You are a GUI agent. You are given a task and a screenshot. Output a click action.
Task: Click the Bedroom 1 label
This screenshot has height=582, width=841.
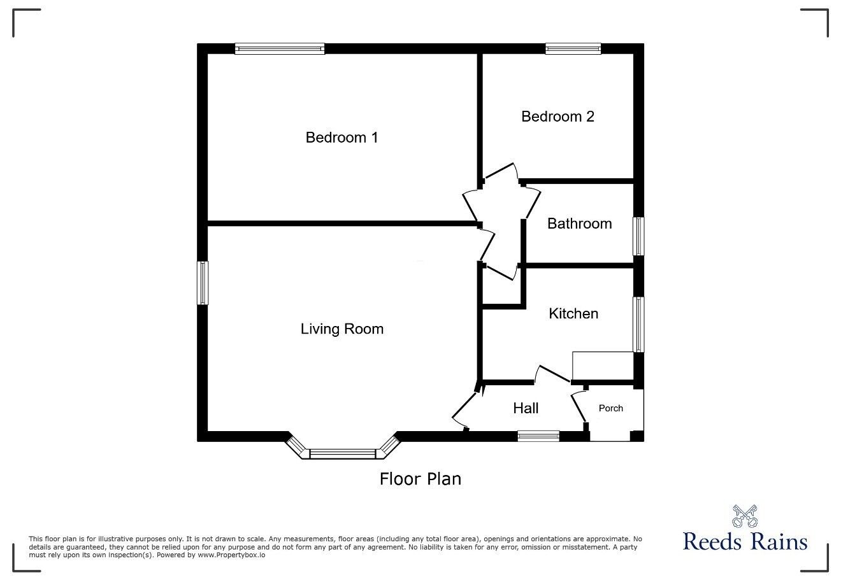click(x=341, y=138)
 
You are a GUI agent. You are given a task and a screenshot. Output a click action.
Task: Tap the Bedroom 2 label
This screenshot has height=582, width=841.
click(x=557, y=117)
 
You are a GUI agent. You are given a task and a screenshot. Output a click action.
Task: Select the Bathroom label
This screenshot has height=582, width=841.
click(x=579, y=224)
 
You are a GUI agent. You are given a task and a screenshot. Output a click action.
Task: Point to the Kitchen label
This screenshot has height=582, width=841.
click(x=573, y=313)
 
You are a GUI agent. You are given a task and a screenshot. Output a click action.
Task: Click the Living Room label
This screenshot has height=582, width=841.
click(x=341, y=329)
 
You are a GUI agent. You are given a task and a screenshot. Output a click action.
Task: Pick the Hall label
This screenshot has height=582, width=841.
click(x=526, y=408)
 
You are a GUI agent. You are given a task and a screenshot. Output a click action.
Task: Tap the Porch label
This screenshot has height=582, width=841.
click(x=610, y=408)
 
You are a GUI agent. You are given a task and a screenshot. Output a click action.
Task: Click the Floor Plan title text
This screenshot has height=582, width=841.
click(x=420, y=479)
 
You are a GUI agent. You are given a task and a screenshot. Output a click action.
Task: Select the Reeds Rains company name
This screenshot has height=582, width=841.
click(x=745, y=542)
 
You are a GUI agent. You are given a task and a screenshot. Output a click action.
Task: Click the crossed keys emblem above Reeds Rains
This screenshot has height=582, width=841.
click(x=744, y=515)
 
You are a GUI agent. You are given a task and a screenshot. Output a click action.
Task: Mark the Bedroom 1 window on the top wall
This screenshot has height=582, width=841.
click(x=280, y=48)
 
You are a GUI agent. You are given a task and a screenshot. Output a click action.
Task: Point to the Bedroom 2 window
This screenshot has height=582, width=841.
click(x=573, y=48)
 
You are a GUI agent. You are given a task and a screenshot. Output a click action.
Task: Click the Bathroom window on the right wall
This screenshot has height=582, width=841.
click(x=638, y=236)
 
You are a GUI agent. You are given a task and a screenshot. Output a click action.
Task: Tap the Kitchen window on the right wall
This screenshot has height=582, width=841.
click(x=638, y=324)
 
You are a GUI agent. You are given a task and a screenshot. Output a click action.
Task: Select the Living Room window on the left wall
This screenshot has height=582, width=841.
click(x=203, y=283)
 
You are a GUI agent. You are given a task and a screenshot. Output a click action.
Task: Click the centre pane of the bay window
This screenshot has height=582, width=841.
click(x=343, y=454)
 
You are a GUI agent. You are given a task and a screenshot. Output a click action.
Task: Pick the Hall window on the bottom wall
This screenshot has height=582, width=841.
click(x=538, y=436)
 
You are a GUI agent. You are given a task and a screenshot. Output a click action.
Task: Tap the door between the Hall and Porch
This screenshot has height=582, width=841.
click(x=579, y=408)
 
